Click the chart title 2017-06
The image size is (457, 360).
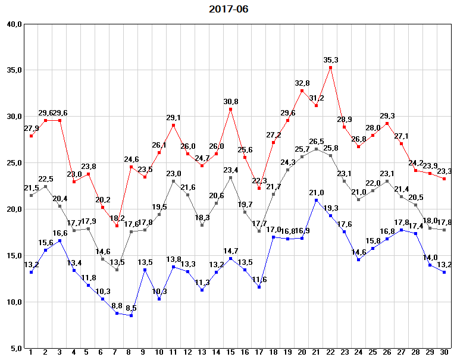click(228, 9)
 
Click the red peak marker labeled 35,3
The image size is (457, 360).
click(330, 67)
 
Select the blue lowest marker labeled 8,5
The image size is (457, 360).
click(131, 315)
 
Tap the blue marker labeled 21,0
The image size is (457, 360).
click(316, 200)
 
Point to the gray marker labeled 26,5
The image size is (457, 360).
click(316, 149)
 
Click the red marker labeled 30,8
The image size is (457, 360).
click(230, 109)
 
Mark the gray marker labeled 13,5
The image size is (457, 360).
click(117, 270)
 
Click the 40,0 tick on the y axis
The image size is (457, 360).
click(14, 24)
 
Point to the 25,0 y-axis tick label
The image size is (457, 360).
click(14, 163)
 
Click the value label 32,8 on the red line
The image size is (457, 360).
click(302, 83)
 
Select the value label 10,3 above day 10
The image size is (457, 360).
click(159, 291)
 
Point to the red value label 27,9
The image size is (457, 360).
click(31, 129)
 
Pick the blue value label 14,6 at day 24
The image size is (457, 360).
click(359, 252)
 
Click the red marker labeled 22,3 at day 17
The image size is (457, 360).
click(259, 188)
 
